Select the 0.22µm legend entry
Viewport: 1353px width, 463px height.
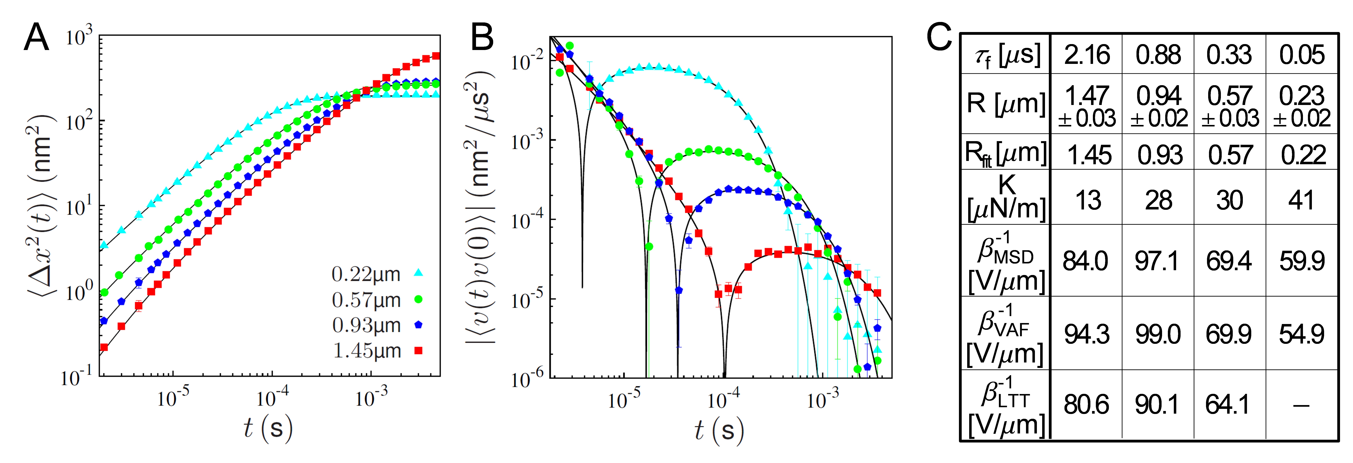pyautogui.click(x=377, y=274)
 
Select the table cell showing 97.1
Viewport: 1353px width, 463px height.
pyautogui.click(x=1158, y=261)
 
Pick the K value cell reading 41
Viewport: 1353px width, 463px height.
pyautogui.click(x=1301, y=200)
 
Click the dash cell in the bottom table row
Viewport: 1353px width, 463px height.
pyautogui.click(x=1301, y=405)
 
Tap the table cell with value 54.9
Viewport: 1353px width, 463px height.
pyautogui.click(x=1301, y=334)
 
